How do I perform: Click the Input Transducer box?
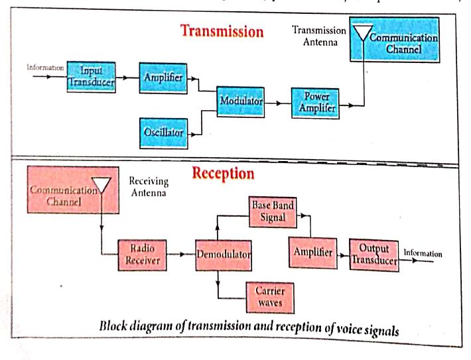pos(91,77)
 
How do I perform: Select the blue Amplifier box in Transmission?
pos(163,78)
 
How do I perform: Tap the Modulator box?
pos(241,102)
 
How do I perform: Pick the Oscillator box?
pos(164,133)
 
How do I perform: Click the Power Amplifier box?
pos(315,103)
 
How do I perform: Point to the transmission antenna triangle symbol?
pos(363,32)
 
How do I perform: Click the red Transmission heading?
pos(222,31)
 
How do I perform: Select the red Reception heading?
pos(223,173)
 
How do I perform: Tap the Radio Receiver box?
pos(142,255)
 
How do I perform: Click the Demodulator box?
pos(224,255)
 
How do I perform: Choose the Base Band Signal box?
pos(273,212)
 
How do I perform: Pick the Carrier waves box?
pos(270,298)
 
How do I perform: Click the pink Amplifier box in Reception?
pos(312,253)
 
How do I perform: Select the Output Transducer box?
pos(374,255)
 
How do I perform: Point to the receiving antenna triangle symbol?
pos(101,185)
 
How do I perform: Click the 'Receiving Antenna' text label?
pos(149,186)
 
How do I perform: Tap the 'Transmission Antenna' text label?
pos(319,36)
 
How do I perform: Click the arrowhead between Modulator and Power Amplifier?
pos(279,103)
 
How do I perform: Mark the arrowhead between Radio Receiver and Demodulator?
pos(182,255)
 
